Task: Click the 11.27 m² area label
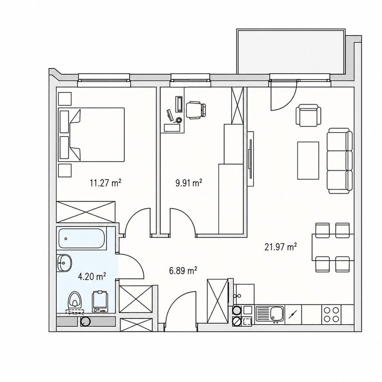tap(105, 183)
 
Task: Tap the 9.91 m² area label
tap(189, 183)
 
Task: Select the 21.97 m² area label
tap(281, 247)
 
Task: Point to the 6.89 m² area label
tap(183, 271)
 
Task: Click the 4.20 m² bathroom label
tap(92, 277)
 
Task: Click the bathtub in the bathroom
tap(82, 239)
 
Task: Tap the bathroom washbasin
tap(64, 263)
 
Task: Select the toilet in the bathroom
tap(75, 301)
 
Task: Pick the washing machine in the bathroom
tap(99, 301)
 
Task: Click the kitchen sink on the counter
tap(270, 314)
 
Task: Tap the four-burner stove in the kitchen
tap(332, 314)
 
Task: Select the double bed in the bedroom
tap(91, 134)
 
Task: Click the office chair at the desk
tap(196, 110)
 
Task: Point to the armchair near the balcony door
tap(308, 115)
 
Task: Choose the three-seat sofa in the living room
tap(340, 161)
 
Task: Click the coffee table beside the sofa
tap(308, 161)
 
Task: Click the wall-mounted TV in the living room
tap(250, 159)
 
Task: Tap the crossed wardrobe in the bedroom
tap(86, 211)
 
